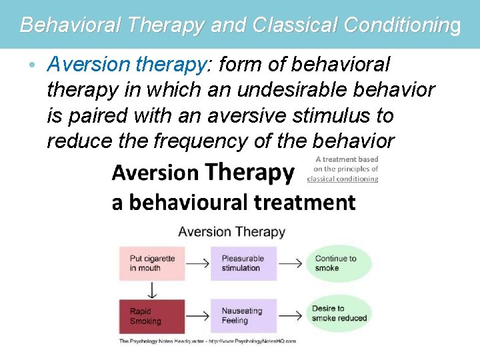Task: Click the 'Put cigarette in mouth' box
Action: click(152, 263)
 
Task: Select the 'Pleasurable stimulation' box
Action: click(243, 263)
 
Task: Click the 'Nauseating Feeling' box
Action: click(243, 316)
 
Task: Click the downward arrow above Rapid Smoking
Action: click(152, 290)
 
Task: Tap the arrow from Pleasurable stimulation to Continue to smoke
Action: click(290, 263)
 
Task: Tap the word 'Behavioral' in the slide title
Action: click(69, 25)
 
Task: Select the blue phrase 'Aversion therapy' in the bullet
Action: click(126, 65)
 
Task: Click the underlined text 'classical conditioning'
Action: click(343, 179)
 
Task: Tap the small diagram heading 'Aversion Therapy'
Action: click(231, 232)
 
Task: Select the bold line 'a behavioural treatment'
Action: click(233, 202)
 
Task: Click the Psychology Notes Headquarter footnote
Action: click(207, 341)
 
